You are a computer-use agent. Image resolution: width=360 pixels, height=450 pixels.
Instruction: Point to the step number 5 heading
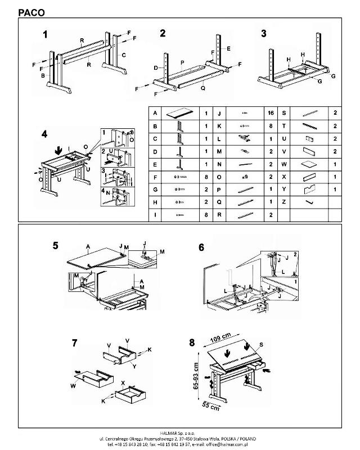(55, 246)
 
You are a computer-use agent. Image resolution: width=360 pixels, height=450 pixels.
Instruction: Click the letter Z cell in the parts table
(284, 201)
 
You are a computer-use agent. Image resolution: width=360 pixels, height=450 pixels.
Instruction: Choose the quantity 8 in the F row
(206, 177)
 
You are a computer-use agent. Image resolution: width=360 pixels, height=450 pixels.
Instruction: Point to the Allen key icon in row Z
(308, 201)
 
